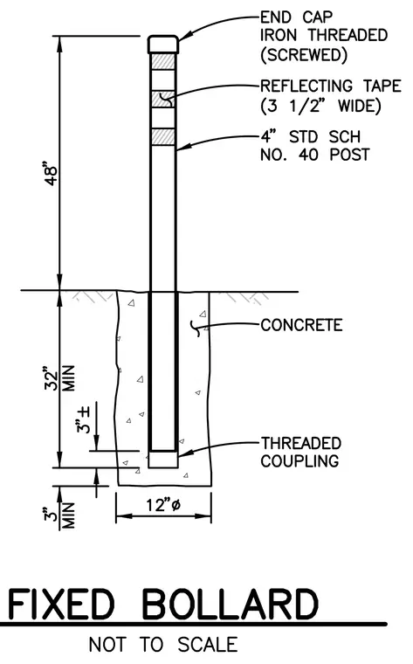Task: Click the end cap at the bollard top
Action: coord(163,45)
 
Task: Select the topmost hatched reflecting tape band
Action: coord(163,61)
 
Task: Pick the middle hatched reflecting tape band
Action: coord(163,99)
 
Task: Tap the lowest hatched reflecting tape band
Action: coord(163,136)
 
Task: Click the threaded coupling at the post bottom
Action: coord(163,460)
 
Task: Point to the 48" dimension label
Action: coord(51,173)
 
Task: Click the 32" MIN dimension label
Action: coord(59,377)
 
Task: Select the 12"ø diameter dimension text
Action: coord(163,505)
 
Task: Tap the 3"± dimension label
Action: coord(83,419)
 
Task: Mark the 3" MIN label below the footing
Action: coord(59,515)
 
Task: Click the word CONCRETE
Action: coord(301,325)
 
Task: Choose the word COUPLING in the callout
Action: coord(299,460)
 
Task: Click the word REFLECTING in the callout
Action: coord(306,86)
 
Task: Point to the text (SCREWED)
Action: coord(304,55)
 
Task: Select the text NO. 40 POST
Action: coord(315,155)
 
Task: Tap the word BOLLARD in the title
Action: coord(230,605)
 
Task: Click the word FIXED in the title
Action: coord(61,605)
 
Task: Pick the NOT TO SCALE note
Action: coord(163,645)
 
